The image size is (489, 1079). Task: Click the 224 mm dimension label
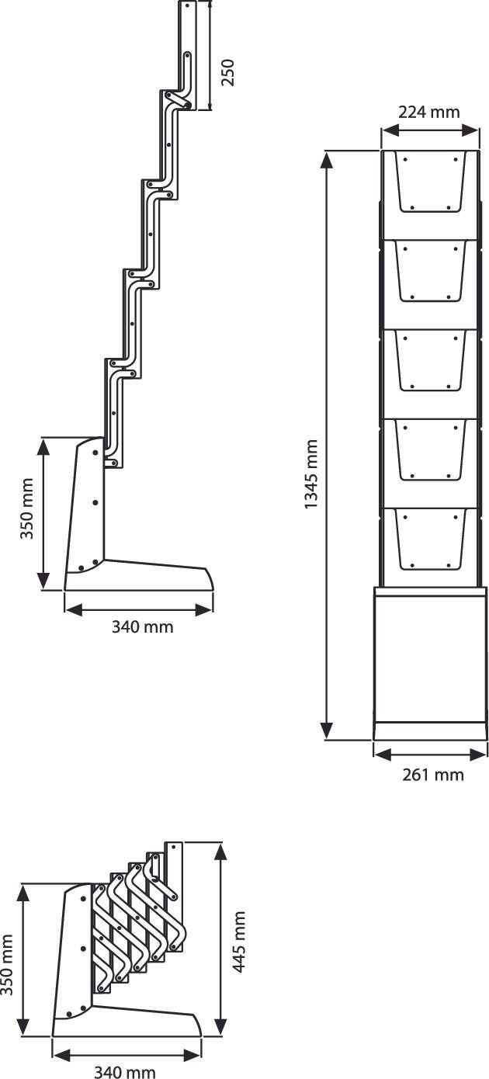428,113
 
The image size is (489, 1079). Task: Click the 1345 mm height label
312,474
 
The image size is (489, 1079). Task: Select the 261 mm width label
433,774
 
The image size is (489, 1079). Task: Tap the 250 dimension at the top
227,72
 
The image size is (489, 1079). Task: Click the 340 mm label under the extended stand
143,626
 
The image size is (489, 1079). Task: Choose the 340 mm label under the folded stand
125,1071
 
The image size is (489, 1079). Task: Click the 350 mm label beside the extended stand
26,508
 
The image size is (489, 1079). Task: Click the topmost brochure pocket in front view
430,182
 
